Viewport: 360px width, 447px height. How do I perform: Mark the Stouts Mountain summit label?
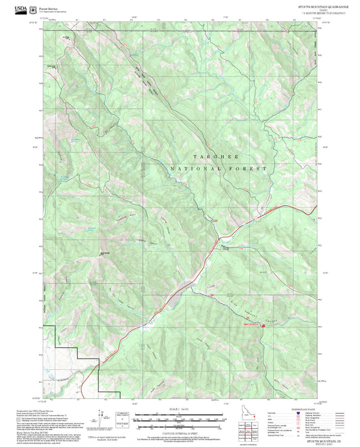105,253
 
